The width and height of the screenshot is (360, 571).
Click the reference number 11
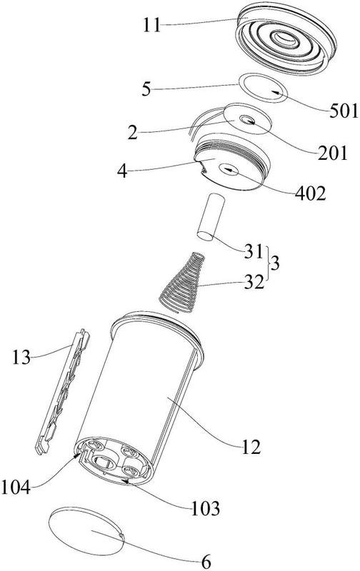click(151, 26)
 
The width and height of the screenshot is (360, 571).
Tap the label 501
click(344, 111)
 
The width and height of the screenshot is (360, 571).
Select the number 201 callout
click(333, 153)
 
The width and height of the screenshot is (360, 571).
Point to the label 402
click(311, 193)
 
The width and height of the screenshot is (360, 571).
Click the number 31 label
click(254, 252)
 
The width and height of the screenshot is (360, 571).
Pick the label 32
click(254, 281)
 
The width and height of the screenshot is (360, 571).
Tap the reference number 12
click(251, 447)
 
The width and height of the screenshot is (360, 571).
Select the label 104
click(16, 487)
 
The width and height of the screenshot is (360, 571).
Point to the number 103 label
click(206, 508)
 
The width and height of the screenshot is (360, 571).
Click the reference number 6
click(206, 562)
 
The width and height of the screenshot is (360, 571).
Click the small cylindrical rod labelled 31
click(210, 217)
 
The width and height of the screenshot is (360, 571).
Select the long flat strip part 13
click(63, 392)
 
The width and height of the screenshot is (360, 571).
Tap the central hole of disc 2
click(247, 119)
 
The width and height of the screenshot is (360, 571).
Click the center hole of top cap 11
click(286, 39)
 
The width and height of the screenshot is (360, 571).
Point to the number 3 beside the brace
click(276, 263)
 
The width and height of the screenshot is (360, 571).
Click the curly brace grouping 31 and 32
click(269, 263)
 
